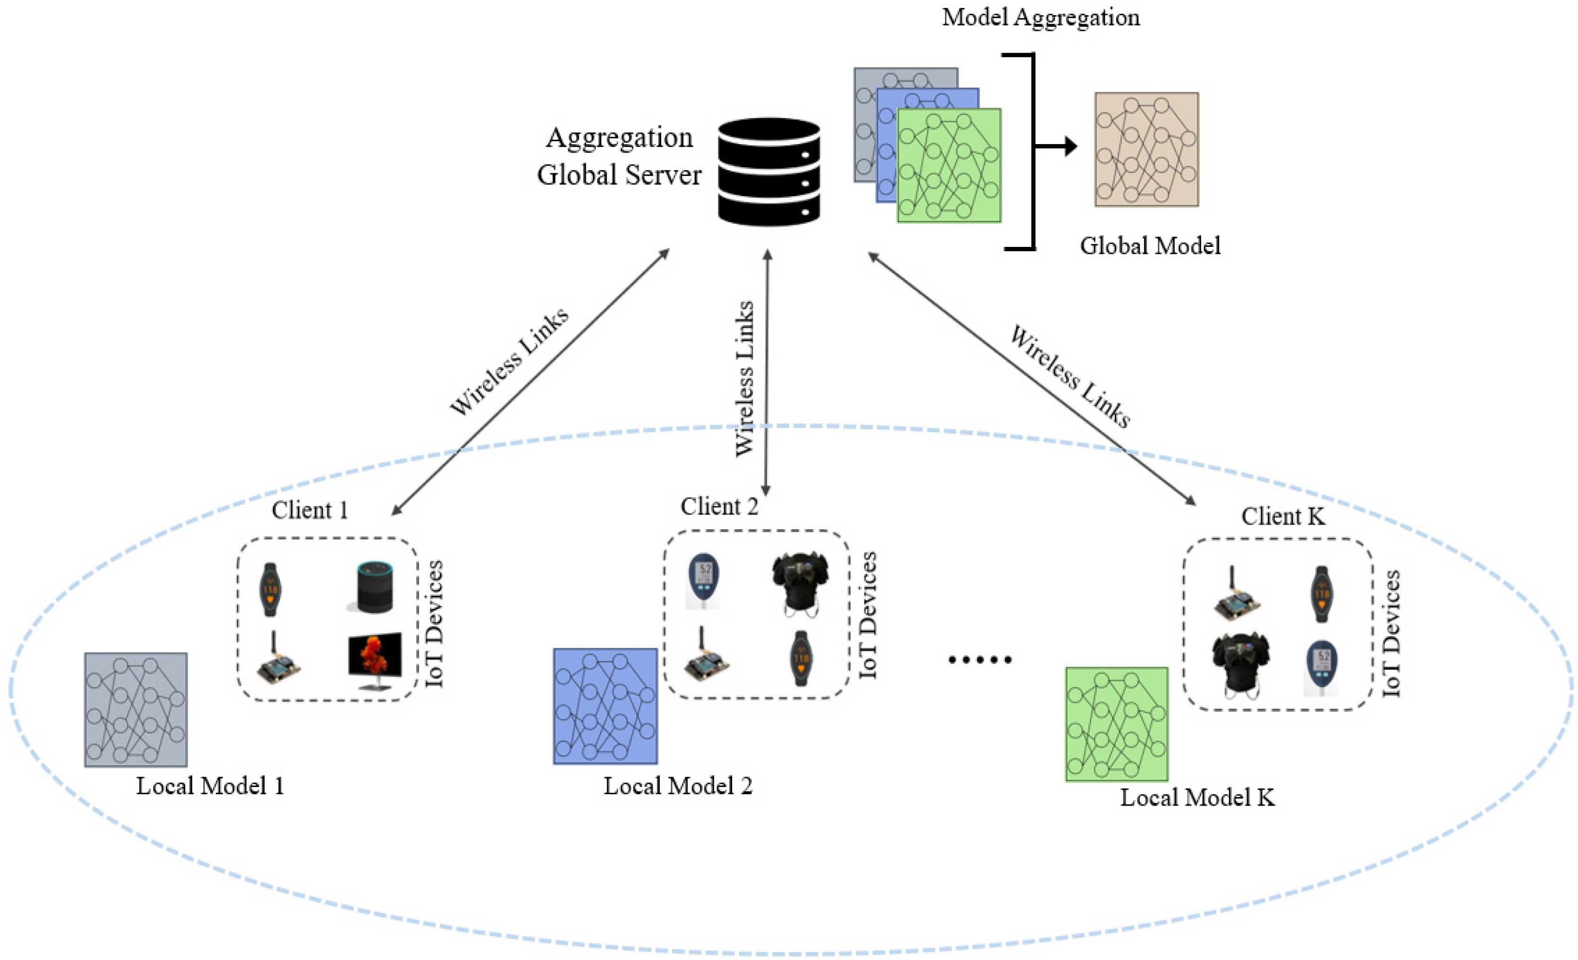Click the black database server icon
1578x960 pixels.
(x=769, y=172)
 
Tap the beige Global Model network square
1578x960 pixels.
(x=1147, y=149)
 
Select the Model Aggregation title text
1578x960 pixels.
(x=1040, y=18)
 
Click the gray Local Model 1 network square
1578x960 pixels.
(x=136, y=709)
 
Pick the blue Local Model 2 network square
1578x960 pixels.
(x=605, y=706)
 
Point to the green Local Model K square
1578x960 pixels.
(x=1116, y=724)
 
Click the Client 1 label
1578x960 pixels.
(x=310, y=510)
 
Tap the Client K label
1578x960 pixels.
(x=1283, y=516)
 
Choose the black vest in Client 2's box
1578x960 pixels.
(x=800, y=584)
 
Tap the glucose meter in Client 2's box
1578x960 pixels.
(x=704, y=580)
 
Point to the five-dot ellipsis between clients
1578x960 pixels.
(x=980, y=660)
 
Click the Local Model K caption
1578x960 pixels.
(x=1197, y=797)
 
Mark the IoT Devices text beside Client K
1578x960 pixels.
(x=1391, y=633)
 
